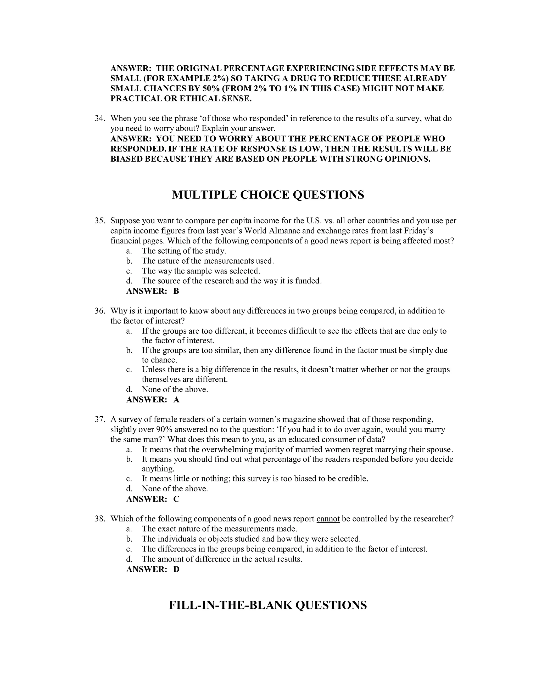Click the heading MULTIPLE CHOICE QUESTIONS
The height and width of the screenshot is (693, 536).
click(268, 195)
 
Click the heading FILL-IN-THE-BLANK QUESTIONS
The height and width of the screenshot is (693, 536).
click(268, 605)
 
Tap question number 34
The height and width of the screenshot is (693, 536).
click(100, 118)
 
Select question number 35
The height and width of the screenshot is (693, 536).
click(100, 220)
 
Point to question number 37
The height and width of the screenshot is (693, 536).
click(100, 419)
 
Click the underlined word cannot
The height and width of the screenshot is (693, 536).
click(328, 519)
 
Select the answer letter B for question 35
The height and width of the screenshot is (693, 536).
click(176, 291)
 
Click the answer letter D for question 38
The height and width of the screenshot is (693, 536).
click(176, 569)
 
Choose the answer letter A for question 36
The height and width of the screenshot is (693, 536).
click(176, 400)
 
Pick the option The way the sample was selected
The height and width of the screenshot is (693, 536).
click(201, 271)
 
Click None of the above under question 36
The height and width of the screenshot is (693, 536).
click(175, 389)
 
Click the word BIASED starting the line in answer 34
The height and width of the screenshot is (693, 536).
click(127, 159)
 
